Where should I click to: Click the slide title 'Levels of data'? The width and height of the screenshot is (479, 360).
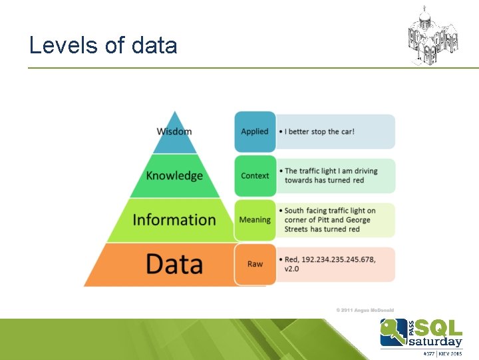coord(103,45)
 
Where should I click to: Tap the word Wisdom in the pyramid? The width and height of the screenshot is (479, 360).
coord(174,131)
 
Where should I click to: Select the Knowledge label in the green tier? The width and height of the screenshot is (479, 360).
coord(174,175)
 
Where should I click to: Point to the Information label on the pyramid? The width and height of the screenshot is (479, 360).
coord(174,219)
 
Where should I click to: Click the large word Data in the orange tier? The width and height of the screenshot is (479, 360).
coord(174,264)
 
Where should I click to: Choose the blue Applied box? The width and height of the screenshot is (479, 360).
coord(255,131)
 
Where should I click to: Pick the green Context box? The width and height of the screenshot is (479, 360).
coord(255,175)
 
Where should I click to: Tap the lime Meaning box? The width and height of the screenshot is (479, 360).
coord(255,219)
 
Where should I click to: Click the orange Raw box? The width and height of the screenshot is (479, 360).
coord(255,264)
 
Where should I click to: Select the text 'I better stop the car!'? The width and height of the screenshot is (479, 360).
coord(319,131)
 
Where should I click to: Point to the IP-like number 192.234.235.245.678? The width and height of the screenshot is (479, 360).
coord(340,259)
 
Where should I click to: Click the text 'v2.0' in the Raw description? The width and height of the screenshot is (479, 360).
coord(293,269)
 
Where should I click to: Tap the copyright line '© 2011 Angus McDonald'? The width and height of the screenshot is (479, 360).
coord(365,310)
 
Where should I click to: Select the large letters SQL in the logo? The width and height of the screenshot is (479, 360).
coord(439,328)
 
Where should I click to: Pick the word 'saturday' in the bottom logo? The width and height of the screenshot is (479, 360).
coord(435,342)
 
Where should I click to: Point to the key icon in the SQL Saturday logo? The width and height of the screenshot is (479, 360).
coord(393,332)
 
